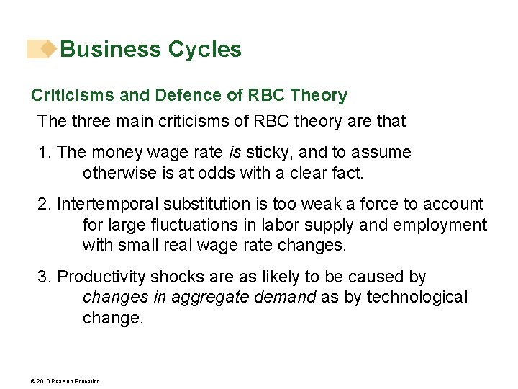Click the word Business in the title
[x=110, y=50]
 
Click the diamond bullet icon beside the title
[x=47, y=49]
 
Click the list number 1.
[x=44, y=153]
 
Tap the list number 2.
[x=44, y=205]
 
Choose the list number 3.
[x=44, y=277]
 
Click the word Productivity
[x=101, y=277]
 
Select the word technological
[x=417, y=298]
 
